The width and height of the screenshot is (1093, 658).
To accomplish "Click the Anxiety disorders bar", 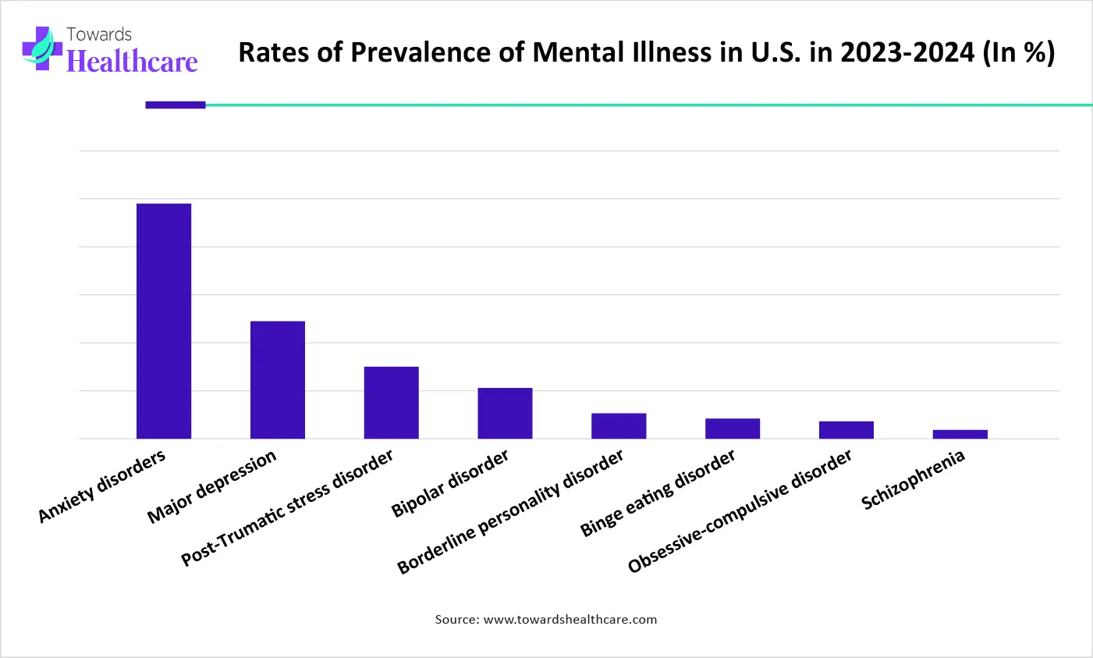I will pyautogui.click(x=164, y=321).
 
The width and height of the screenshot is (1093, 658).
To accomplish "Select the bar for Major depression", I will pyautogui.click(x=277, y=379).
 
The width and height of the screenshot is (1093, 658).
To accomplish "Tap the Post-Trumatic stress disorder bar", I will pyautogui.click(x=391, y=402).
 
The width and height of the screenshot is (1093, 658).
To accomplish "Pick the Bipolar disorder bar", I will pyautogui.click(x=505, y=413).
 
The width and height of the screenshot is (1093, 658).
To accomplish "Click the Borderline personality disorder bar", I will pyautogui.click(x=619, y=425).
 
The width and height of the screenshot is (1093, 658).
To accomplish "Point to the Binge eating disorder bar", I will pyautogui.click(x=733, y=429).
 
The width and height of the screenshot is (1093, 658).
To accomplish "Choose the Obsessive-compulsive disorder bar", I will pyautogui.click(x=846, y=430).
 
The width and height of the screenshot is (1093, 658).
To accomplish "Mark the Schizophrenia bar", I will pyautogui.click(x=960, y=434).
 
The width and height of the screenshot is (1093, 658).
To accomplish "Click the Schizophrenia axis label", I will pyautogui.click(x=913, y=479).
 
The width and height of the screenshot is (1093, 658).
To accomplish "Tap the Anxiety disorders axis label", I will pyautogui.click(x=102, y=485).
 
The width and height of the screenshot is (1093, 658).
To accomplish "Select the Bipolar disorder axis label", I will pyautogui.click(x=450, y=482).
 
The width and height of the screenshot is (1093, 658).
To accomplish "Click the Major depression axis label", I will pyautogui.click(x=211, y=486).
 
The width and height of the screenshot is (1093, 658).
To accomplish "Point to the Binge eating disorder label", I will pyautogui.click(x=658, y=493).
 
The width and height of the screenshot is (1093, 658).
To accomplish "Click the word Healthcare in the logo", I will pyautogui.click(x=132, y=61).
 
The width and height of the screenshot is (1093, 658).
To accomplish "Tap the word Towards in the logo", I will pyautogui.click(x=99, y=34).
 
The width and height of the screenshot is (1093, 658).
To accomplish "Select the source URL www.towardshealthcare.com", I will pyautogui.click(x=570, y=619).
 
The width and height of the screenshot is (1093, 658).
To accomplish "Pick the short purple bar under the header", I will pyautogui.click(x=176, y=105).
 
